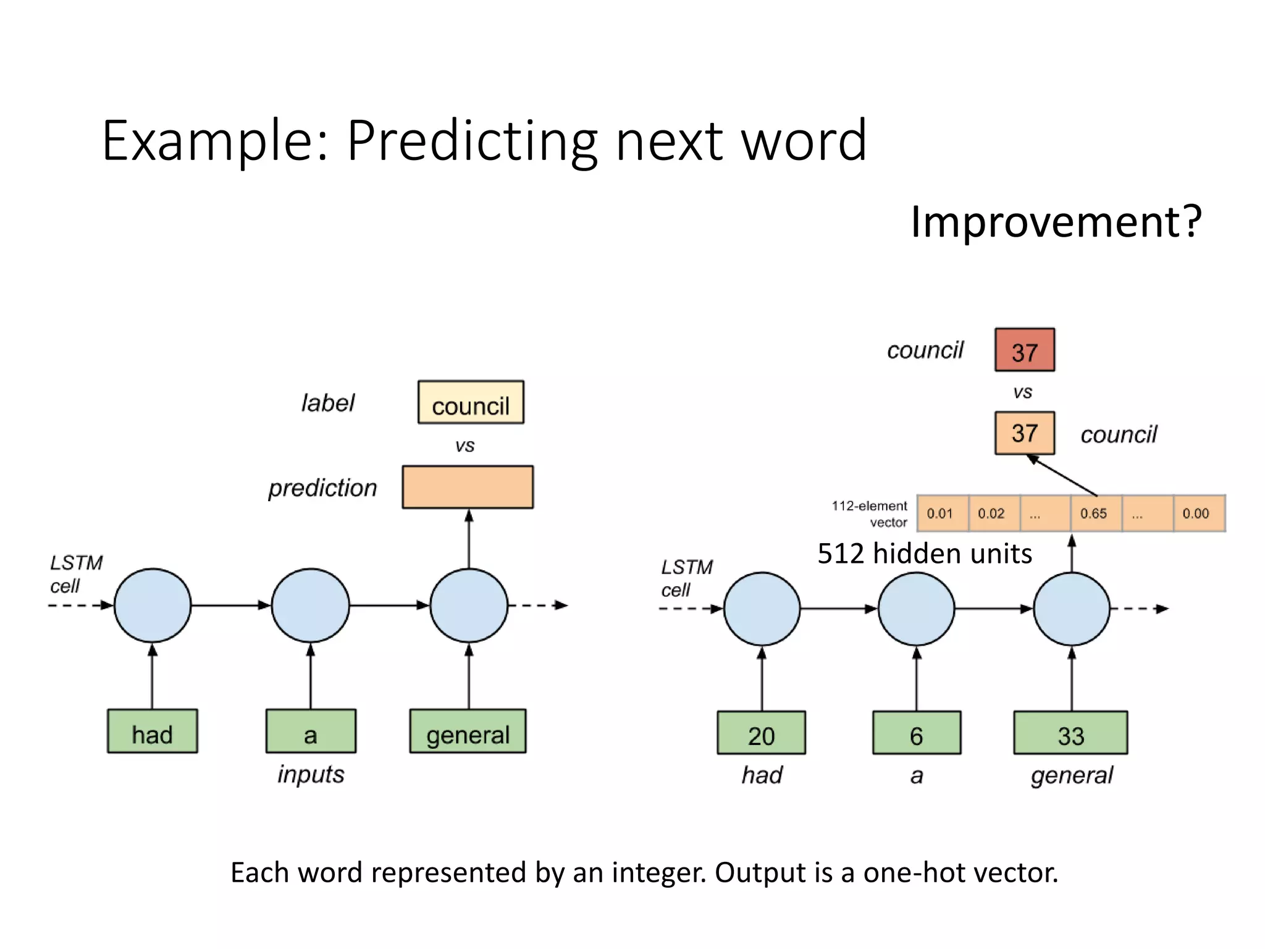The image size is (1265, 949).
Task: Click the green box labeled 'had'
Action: pos(152,731)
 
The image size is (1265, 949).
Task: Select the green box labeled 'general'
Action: pos(468,731)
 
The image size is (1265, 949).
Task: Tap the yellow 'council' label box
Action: pos(471,402)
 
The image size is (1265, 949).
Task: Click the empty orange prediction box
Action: pos(468,487)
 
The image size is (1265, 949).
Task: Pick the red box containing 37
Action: pos(1024,350)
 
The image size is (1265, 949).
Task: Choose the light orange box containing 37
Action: pos(1024,433)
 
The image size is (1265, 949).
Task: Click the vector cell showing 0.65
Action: pos(1094,513)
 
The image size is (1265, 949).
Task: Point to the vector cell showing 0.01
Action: pos(941,513)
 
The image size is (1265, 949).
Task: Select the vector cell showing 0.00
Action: pos(1196,513)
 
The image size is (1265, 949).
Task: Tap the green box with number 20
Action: pos(761,733)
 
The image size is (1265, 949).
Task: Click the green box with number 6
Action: pos(916,733)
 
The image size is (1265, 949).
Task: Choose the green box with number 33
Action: pos(1070,733)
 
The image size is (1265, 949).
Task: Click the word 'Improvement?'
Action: pos(1056,221)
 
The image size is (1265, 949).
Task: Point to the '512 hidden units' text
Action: pos(925,554)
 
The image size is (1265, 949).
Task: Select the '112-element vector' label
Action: pos(870,514)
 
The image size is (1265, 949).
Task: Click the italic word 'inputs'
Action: pos(311,774)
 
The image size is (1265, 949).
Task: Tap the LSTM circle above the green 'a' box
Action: pos(311,605)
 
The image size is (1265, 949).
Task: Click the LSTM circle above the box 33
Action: pos(1072,609)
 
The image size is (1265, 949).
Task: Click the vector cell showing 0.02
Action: pos(992,513)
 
